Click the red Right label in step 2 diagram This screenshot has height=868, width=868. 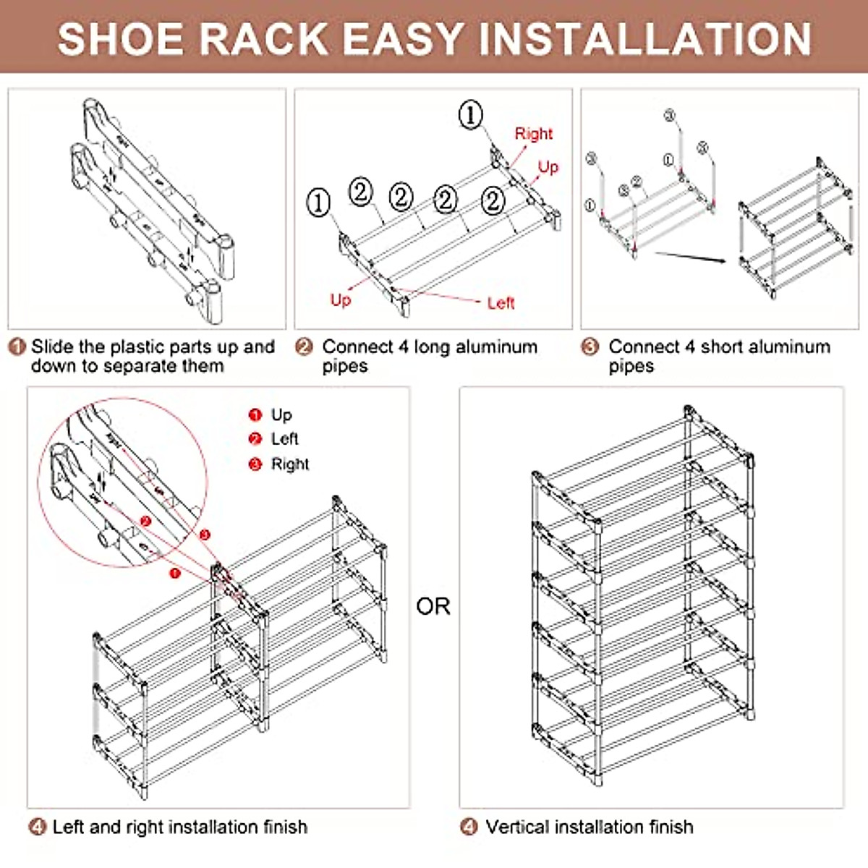pos(533,134)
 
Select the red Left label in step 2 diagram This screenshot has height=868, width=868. pos(501,303)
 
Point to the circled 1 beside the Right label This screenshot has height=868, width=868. pos(471,114)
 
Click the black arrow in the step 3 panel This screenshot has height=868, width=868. pos(690,258)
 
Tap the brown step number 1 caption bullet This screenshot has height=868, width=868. pos(17,347)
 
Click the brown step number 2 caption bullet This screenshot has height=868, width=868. pos(305,347)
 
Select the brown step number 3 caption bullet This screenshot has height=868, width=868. pos(590,347)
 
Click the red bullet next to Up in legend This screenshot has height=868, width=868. pos(255,415)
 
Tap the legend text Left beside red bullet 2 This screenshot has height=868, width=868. pos(285,439)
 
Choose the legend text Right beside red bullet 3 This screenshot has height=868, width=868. pos(290,464)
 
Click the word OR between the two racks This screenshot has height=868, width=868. pos(433,606)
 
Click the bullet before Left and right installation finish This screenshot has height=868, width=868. pos(38,827)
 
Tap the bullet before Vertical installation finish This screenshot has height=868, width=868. pos(469,827)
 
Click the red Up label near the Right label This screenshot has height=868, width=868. pos(548,167)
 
